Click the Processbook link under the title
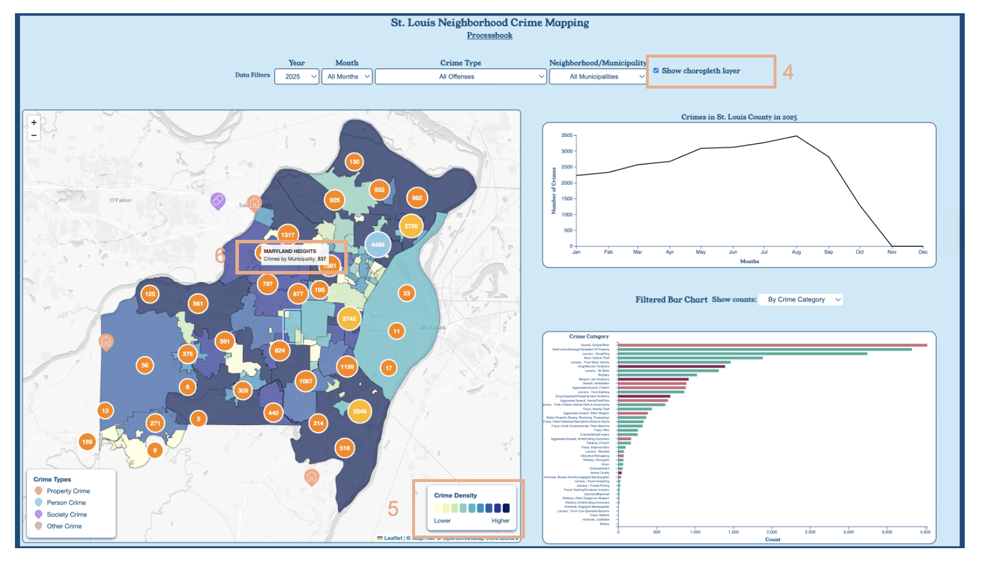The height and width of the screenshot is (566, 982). tap(489, 36)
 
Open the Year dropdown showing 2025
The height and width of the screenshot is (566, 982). tap(296, 77)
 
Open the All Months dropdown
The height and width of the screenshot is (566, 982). tap(347, 77)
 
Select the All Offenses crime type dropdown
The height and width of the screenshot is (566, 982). tap(460, 77)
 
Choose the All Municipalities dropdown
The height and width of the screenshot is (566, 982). tap(597, 77)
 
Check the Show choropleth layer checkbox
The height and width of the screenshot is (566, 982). tap(656, 71)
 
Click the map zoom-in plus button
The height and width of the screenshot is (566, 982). tap(34, 123)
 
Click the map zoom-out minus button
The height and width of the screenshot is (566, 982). tap(34, 135)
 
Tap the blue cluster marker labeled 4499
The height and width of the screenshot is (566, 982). tap(378, 244)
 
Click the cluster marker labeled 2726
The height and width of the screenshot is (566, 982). tap(411, 226)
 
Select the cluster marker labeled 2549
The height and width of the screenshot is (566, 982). tap(360, 411)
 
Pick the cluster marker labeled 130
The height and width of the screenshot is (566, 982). tap(354, 162)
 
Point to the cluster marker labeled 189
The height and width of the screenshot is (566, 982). tap(87, 442)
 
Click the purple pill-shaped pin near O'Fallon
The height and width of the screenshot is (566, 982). tap(218, 201)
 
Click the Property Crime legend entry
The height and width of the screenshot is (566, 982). tap(68, 491)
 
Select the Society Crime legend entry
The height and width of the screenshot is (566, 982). tap(67, 515)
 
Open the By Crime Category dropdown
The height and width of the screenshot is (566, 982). tap(800, 300)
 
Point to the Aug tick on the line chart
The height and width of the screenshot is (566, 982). tap(796, 252)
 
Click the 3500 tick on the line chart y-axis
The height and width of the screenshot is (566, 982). tap(567, 136)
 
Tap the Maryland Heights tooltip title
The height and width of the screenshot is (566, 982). tap(290, 251)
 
